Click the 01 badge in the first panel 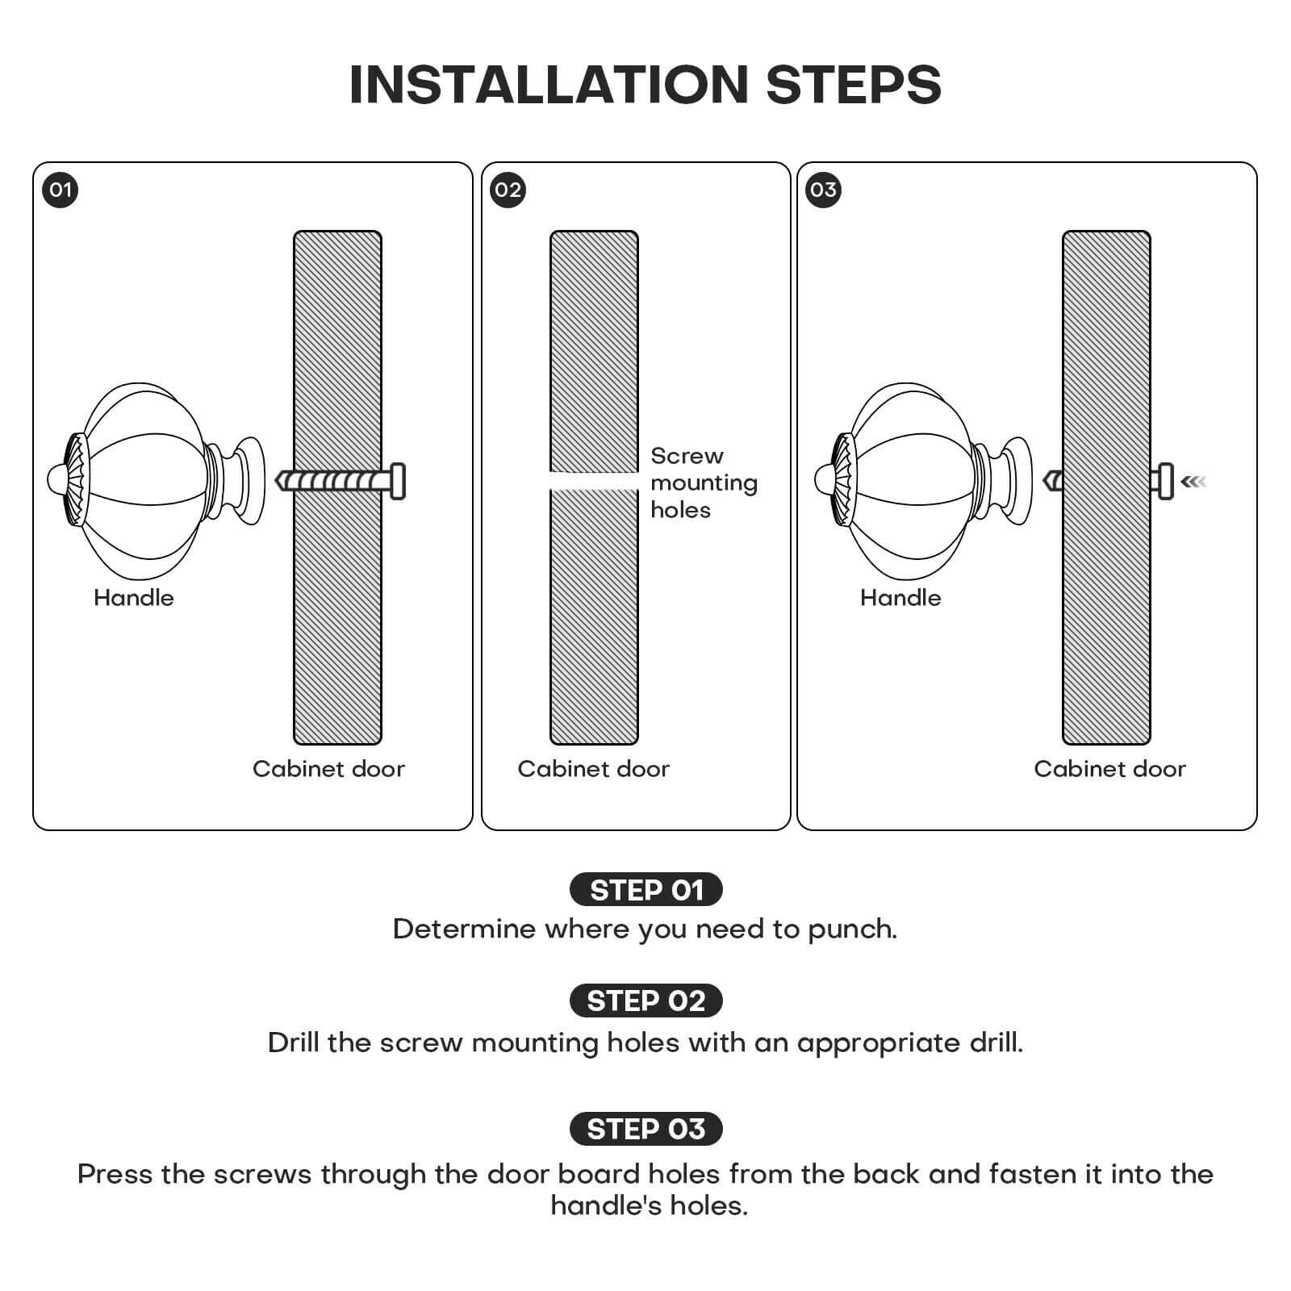click(x=60, y=190)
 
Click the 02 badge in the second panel click(x=508, y=190)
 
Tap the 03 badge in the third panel click(x=823, y=190)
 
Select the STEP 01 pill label click(x=645, y=890)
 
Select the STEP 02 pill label click(x=645, y=1001)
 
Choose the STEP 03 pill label click(x=645, y=1129)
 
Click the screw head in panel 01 click(x=397, y=482)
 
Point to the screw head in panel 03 click(x=1164, y=482)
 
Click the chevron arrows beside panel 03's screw click(x=1193, y=482)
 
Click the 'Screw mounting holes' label click(x=703, y=483)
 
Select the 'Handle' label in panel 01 click(x=134, y=598)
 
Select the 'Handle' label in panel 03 click(x=900, y=598)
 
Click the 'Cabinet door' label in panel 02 click(x=593, y=769)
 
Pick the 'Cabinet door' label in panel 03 click(x=1109, y=769)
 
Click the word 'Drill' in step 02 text click(x=294, y=1042)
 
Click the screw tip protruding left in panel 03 click(x=1051, y=482)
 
